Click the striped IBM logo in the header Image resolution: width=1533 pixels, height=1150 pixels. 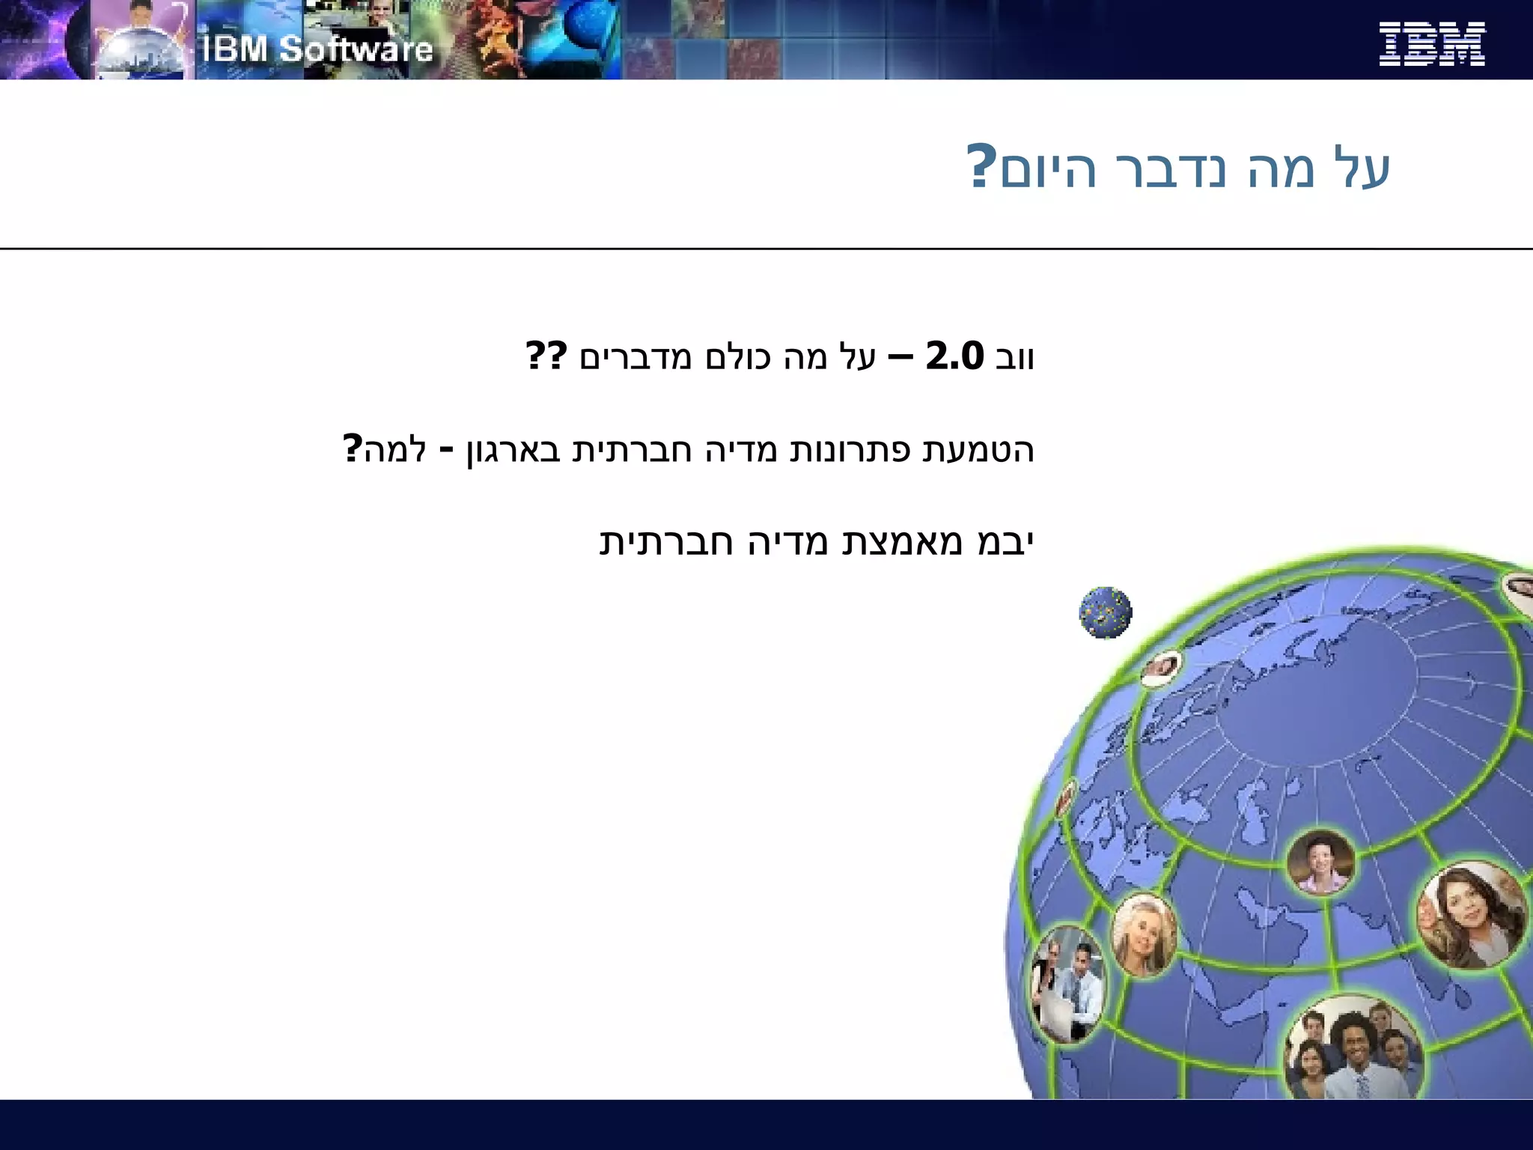(x=1431, y=44)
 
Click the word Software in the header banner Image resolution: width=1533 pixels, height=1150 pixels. (x=356, y=49)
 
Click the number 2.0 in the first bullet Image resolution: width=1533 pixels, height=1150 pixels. (x=954, y=356)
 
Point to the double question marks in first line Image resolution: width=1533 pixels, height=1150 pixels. (x=546, y=356)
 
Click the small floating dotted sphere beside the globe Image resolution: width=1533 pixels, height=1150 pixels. (x=1106, y=612)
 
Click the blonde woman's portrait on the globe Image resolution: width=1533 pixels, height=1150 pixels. (x=1143, y=934)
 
